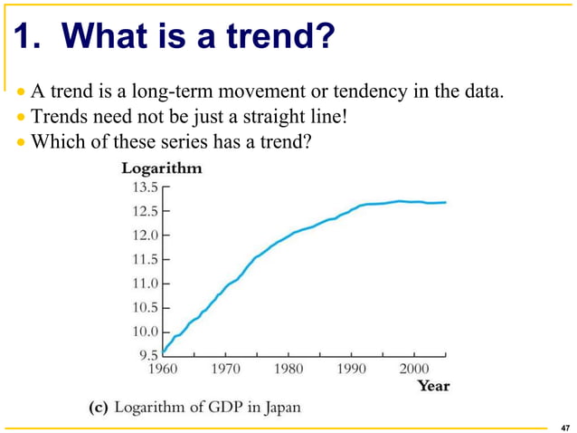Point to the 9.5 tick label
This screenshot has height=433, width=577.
(147, 355)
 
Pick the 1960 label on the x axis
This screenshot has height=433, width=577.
(163, 370)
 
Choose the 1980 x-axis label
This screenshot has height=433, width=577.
(288, 370)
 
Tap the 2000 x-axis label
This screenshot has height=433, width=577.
(414, 370)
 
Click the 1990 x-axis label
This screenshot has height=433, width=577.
(351, 370)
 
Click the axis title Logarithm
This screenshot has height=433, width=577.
(162, 168)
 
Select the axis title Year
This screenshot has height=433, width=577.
(432, 386)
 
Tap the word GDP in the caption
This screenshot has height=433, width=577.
(222, 407)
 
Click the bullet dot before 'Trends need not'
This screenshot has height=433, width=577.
(22, 117)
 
